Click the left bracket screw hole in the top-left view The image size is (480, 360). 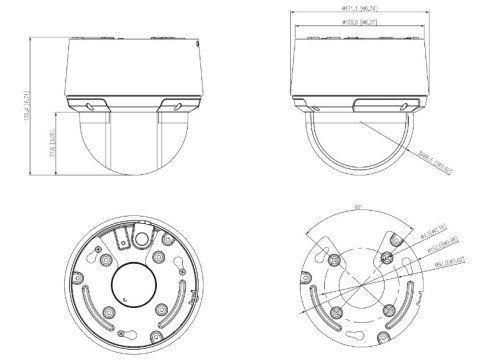[92, 104]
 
